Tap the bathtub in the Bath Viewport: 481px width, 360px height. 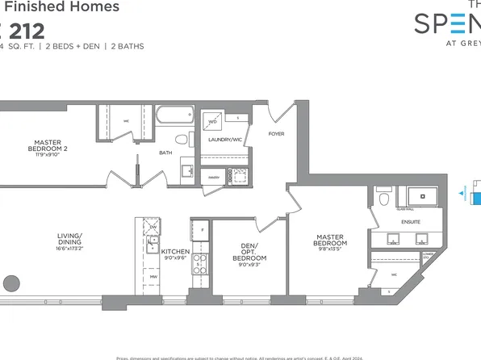point(170,115)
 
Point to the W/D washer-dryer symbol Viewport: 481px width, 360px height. point(213,123)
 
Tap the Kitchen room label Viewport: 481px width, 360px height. point(175,252)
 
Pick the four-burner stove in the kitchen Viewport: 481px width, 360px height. point(200,262)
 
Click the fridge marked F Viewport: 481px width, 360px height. point(201,231)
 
